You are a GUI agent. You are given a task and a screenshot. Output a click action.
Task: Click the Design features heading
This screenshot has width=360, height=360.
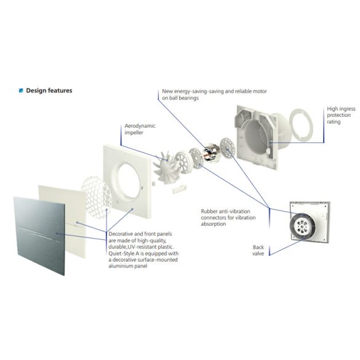tap(49, 90)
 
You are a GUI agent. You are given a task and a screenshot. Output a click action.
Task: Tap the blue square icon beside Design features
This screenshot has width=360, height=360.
tap(21, 90)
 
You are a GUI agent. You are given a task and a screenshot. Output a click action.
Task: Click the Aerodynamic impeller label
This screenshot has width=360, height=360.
tap(140, 129)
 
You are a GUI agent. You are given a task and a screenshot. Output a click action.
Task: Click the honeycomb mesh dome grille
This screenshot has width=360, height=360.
tap(97, 196)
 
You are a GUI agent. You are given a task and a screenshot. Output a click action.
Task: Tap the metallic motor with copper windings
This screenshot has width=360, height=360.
tap(212, 152)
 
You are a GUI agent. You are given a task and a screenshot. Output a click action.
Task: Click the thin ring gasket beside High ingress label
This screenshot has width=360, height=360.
tap(300, 126)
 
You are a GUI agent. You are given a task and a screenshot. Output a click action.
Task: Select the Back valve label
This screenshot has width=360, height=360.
tap(258, 250)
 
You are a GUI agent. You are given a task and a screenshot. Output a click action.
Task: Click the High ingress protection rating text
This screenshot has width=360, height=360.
tap(341, 115)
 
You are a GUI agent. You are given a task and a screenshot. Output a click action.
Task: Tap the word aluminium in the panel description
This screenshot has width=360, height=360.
tap(121, 266)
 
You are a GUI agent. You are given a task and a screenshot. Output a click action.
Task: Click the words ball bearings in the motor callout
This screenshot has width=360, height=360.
tap(180, 98)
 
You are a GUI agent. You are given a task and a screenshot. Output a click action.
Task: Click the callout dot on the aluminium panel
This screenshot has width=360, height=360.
tap(57, 233)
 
